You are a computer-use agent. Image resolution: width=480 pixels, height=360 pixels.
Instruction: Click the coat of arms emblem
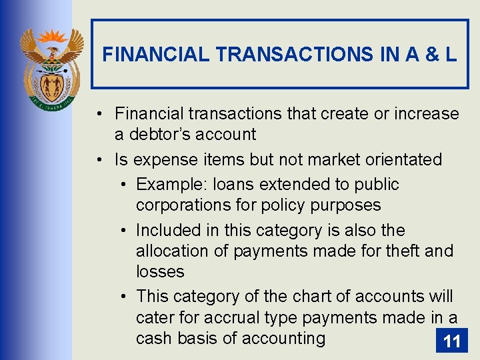51,67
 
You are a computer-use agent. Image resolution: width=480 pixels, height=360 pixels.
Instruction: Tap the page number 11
451,341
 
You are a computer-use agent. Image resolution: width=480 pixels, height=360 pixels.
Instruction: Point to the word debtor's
159,135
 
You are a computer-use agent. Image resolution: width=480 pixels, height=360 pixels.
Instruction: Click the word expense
160,160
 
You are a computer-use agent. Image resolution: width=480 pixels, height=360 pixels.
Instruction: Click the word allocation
171,251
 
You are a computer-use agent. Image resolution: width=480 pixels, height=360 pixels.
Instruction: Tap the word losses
160,272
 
